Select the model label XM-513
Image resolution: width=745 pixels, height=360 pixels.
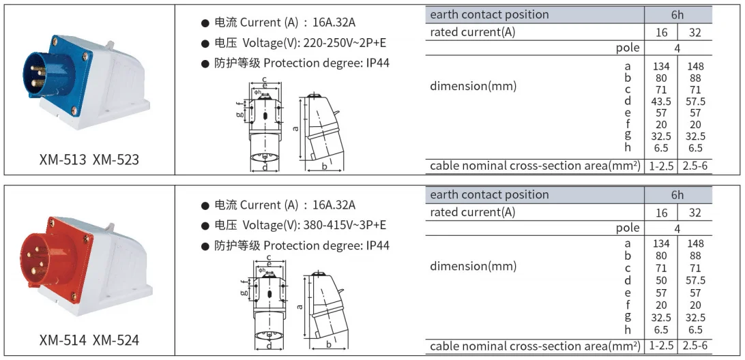[63, 160]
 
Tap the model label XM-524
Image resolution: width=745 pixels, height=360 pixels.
[116, 340]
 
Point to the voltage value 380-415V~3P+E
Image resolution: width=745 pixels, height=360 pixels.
[345, 224]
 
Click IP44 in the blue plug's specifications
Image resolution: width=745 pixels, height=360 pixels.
[378, 63]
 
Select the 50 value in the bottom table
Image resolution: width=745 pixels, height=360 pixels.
[661, 281]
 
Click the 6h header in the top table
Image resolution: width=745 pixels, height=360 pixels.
[677, 15]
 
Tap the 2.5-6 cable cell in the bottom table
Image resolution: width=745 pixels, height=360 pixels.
[695, 345]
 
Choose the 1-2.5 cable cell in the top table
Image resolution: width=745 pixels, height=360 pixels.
[661, 166]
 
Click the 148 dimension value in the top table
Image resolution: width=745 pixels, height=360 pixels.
[695, 67]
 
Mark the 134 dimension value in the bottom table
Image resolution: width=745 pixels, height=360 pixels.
[661, 243]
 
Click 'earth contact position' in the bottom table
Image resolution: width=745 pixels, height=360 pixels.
[489, 195]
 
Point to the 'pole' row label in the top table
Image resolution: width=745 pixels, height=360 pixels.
[628, 48]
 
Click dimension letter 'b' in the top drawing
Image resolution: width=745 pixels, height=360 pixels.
[325, 166]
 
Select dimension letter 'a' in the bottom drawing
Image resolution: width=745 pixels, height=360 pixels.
[300, 307]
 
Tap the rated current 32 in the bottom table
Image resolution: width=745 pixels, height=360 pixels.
[695, 213]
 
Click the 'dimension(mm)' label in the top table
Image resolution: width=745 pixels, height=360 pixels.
[473, 87]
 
